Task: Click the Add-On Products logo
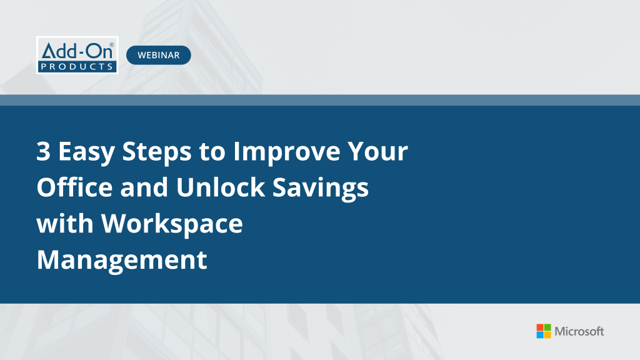(x=77, y=55)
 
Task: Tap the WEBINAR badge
(x=159, y=55)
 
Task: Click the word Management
(x=122, y=259)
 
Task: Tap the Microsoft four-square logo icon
(x=544, y=331)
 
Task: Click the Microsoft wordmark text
(x=580, y=331)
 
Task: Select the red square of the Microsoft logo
(x=540, y=327)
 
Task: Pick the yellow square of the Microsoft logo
(x=547, y=335)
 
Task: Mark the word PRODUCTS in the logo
(x=77, y=66)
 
